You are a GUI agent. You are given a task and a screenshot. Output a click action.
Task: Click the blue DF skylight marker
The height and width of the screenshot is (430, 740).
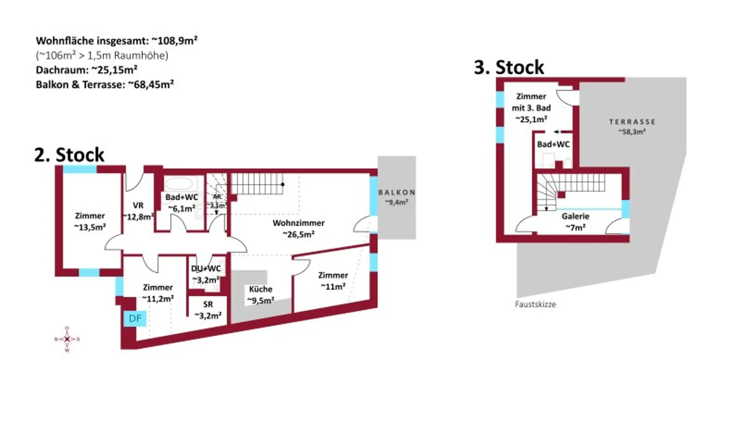click(x=135, y=318)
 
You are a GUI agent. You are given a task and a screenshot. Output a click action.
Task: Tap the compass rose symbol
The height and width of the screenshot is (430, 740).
click(x=67, y=339)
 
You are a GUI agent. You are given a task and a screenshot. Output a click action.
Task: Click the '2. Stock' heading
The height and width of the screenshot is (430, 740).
click(x=69, y=155)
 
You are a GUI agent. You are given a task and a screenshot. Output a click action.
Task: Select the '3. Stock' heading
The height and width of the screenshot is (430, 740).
click(x=509, y=67)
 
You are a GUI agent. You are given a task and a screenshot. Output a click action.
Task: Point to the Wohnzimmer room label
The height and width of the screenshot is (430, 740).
click(x=299, y=223)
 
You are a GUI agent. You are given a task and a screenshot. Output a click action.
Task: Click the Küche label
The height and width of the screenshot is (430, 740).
click(x=261, y=289)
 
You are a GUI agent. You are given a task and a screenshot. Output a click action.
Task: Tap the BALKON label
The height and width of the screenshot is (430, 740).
click(x=397, y=192)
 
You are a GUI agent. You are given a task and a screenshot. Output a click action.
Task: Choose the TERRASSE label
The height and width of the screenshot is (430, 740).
click(x=632, y=122)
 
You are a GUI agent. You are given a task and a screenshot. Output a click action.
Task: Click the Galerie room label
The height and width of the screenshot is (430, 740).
click(x=575, y=216)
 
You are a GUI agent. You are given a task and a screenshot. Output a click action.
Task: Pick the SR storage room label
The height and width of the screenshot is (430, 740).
click(x=208, y=304)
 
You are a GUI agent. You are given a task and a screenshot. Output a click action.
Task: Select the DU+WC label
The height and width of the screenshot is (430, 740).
click(x=206, y=269)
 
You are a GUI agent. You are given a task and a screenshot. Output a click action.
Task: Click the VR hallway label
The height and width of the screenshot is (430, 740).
click(x=138, y=205)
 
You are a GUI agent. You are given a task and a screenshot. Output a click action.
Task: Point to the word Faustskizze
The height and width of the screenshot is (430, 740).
click(x=535, y=304)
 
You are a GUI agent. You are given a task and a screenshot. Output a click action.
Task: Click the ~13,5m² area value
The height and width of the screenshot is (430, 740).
click(x=90, y=227)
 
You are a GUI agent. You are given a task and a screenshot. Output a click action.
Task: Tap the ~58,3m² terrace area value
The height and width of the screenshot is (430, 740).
click(x=632, y=132)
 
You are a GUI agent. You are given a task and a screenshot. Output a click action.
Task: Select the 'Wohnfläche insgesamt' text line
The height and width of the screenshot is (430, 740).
click(x=116, y=40)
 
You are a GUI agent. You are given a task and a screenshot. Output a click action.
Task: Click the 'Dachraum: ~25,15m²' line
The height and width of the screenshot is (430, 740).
click(x=87, y=70)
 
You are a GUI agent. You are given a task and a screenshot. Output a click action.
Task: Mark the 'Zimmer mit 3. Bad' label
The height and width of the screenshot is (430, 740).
click(x=531, y=102)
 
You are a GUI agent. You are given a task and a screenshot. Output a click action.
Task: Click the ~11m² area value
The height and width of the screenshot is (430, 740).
click(x=333, y=287)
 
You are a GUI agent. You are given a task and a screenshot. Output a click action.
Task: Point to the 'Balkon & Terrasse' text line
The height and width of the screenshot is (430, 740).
click(x=105, y=84)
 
